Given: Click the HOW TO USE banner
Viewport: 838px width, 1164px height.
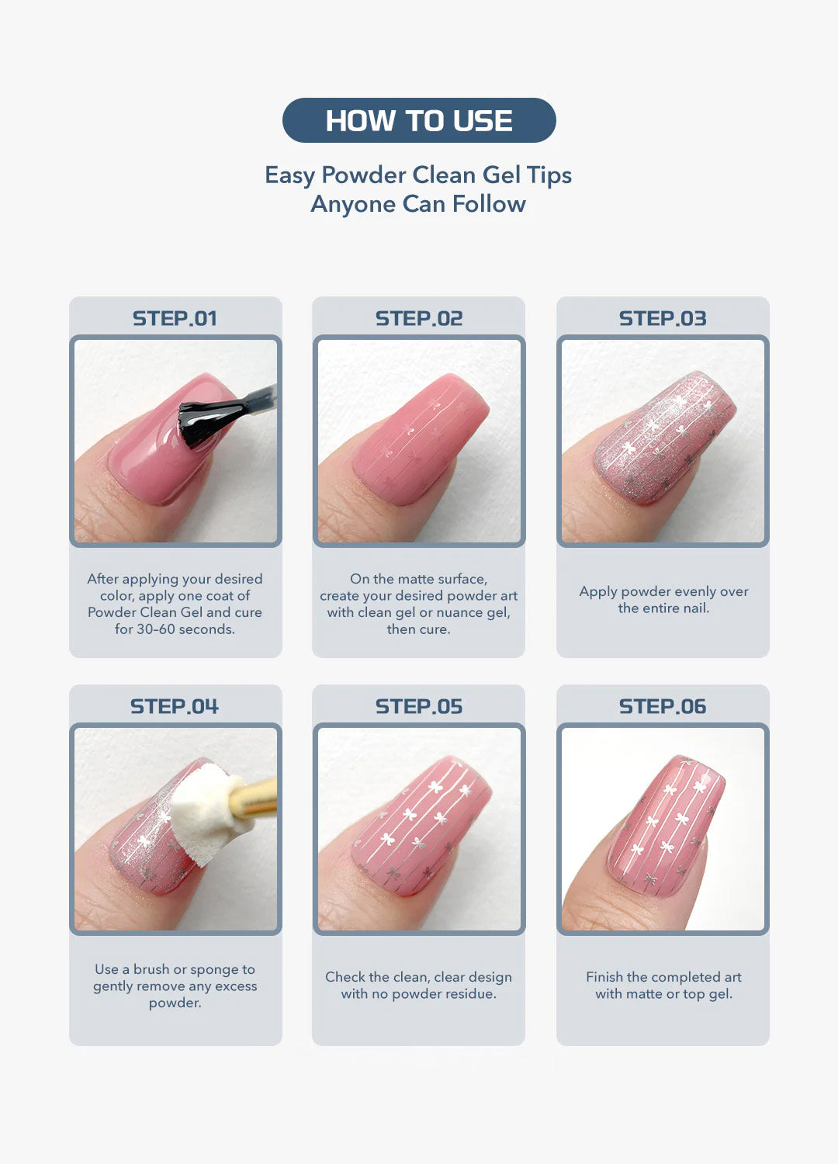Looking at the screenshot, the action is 419,120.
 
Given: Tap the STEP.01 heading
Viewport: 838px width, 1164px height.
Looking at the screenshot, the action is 175,318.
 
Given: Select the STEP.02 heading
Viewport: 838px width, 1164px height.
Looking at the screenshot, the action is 419,318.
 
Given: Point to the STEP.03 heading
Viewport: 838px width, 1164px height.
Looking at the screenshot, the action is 663,318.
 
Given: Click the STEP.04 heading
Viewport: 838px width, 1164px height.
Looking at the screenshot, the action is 175,706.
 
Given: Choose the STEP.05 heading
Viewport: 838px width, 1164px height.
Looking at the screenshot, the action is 419,706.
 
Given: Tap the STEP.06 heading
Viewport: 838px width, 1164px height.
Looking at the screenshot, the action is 663,706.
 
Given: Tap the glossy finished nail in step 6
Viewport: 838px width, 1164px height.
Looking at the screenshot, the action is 667,826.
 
